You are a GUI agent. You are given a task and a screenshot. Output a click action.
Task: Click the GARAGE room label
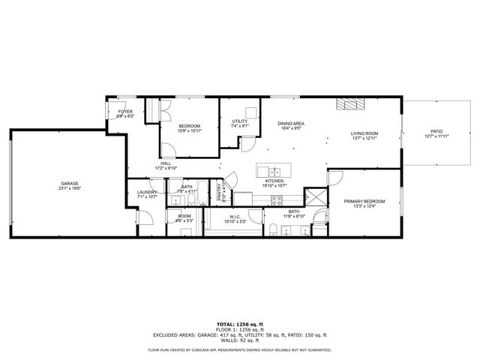(x=70, y=184)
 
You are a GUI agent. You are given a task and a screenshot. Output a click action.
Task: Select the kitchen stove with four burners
(x=276, y=200)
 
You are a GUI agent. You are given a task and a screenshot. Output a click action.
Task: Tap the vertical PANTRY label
(x=220, y=192)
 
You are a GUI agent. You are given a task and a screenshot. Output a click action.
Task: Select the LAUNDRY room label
(x=147, y=193)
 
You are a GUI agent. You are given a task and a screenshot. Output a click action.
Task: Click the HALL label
(x=164, y=165)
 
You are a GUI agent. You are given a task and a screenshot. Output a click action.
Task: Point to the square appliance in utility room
(x=250, y=113)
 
